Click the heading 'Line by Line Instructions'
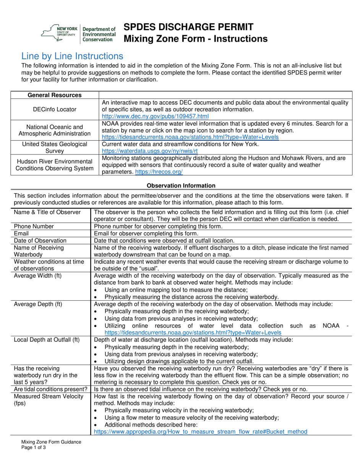(72, 56)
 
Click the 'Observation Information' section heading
(181, 186)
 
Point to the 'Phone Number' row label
(34, 226)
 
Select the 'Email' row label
(21, 233)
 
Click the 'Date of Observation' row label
(40, 241)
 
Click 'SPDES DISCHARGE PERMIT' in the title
(188, 27)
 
